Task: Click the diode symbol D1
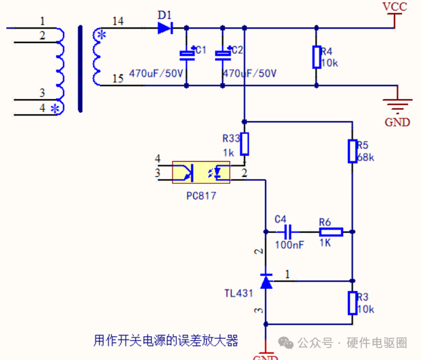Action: tap(165, 28)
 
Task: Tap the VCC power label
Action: tap(394, 7)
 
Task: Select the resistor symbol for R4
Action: tap(317, 57)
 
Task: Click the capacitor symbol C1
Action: tap(187, 55)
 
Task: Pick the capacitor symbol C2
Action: tap(222, 55)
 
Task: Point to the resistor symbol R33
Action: tap(244, 144)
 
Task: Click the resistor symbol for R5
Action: tap(353, 151)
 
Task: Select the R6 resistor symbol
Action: tap(331, 232)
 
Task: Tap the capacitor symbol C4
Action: tap(288, 232)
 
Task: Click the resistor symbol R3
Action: tap(353, 303)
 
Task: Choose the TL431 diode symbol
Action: tap(266, 281)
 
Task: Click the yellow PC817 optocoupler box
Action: tap(201, 172)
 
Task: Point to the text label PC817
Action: tap(201, 196)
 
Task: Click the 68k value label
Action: tap(366, 157)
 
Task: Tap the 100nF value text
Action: tap(289, 245)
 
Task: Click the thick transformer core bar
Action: tap(81, 68)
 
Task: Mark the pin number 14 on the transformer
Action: tap(118, 21)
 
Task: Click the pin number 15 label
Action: tap(118, 79)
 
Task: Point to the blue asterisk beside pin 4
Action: tap(55, 109)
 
